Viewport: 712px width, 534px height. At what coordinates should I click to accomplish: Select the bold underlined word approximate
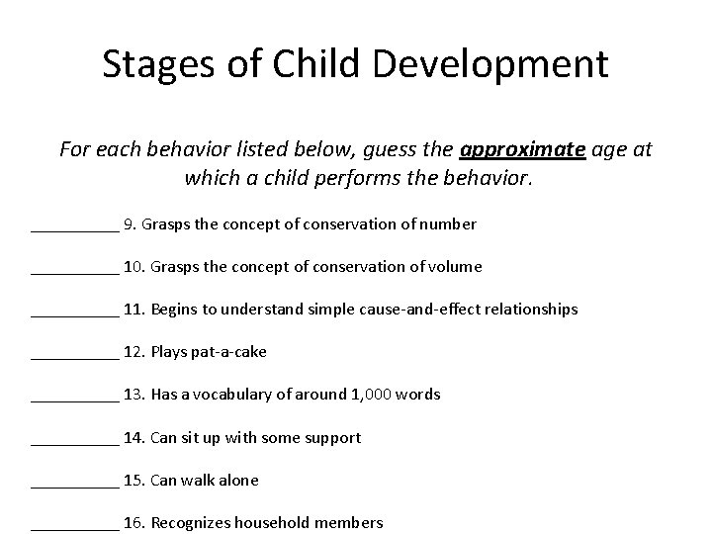pos(523,149)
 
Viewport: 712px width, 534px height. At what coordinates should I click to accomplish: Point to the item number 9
pos(130,224)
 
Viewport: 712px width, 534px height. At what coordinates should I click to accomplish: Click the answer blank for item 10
pos(74,267)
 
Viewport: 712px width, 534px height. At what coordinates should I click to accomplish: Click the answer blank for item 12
pos(74,352)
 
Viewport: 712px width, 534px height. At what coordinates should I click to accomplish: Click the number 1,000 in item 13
pos(371,395)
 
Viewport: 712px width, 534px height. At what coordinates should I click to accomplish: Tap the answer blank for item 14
pos(74,437)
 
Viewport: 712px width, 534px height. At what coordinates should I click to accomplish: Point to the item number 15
pos(134,480)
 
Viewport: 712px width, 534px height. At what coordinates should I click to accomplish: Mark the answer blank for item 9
pos(74,224)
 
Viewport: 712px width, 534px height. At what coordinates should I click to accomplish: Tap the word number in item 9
pos(449,224)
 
